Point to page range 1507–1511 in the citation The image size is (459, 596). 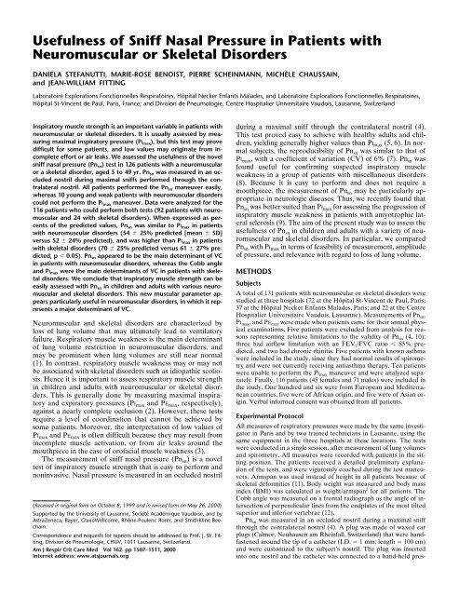(150, 585)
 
